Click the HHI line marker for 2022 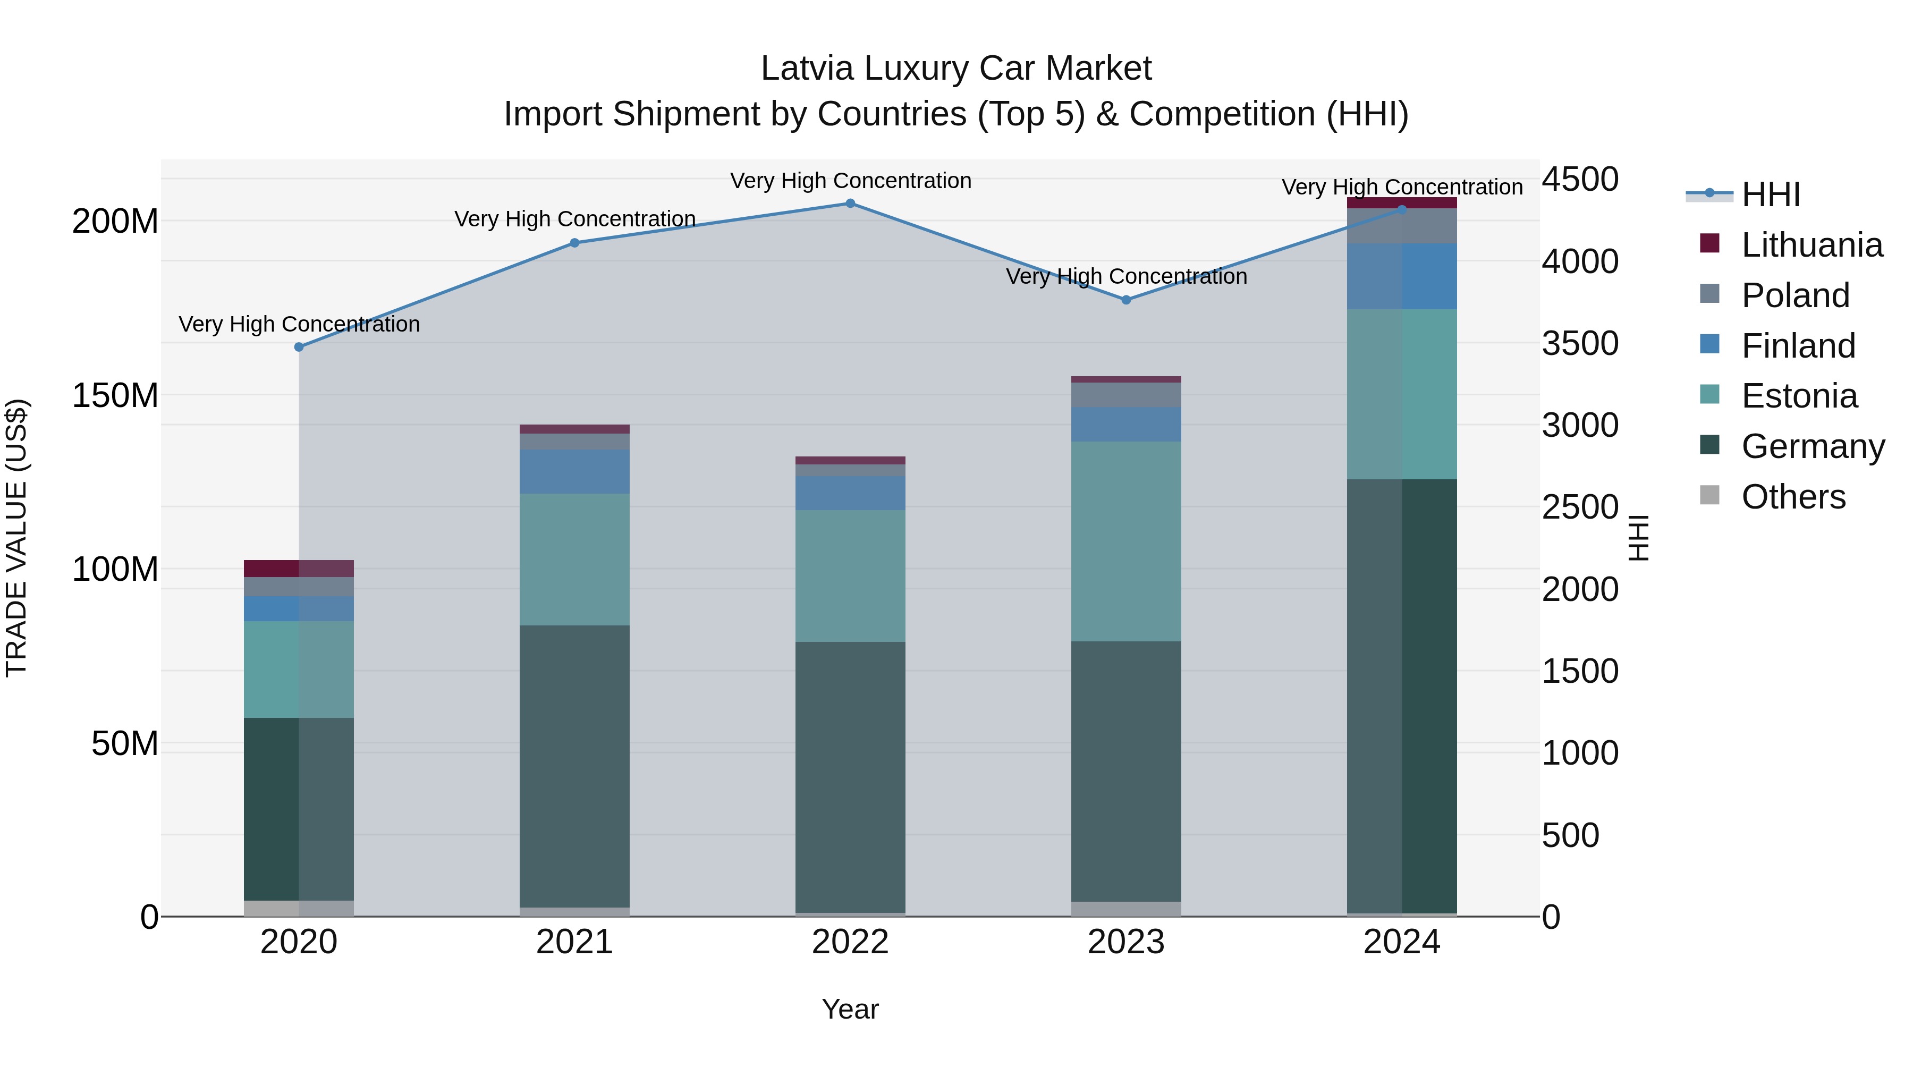coord(850,204)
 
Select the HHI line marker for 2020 coord(299,347)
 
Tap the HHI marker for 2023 coord(1126,300)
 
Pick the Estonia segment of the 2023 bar coord(1126,541)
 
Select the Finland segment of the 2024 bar coord(1401,276)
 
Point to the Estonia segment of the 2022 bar coord(850,575)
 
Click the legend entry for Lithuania coord(1812,245)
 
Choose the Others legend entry coord(1793,497)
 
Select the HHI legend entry coord(1771,194)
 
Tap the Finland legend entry coord(1798,346)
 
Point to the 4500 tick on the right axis coord(1580,180)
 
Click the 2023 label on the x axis coord(1126,942)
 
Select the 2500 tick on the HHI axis coord(1580,508)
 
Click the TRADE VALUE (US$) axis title coord(16,538)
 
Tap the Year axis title coord(850,1009)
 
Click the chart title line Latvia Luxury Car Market coord(956,69)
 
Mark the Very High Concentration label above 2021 coord(575,219)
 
